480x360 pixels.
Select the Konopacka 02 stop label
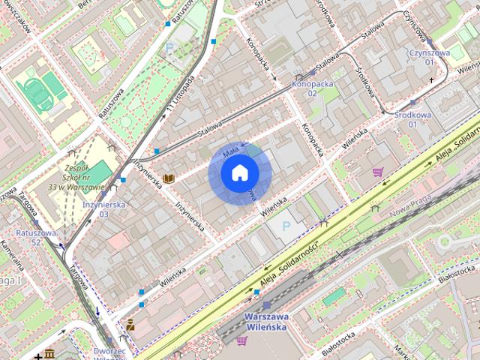tap(311, 88)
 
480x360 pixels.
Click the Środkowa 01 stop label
tap(412, 119)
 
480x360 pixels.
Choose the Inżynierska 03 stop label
tap(105, 208)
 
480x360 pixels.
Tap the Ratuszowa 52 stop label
tap(36, 238)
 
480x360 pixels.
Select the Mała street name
tap(230, 152)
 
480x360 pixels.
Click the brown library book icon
tap(169, 178)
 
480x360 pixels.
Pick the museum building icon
tap(49, 352)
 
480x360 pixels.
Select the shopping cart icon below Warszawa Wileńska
tap(241, 340)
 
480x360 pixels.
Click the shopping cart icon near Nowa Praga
tap(377, 172)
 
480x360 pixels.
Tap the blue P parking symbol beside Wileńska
tap(284, 226)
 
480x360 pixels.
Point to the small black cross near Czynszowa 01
tap(431, 79)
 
